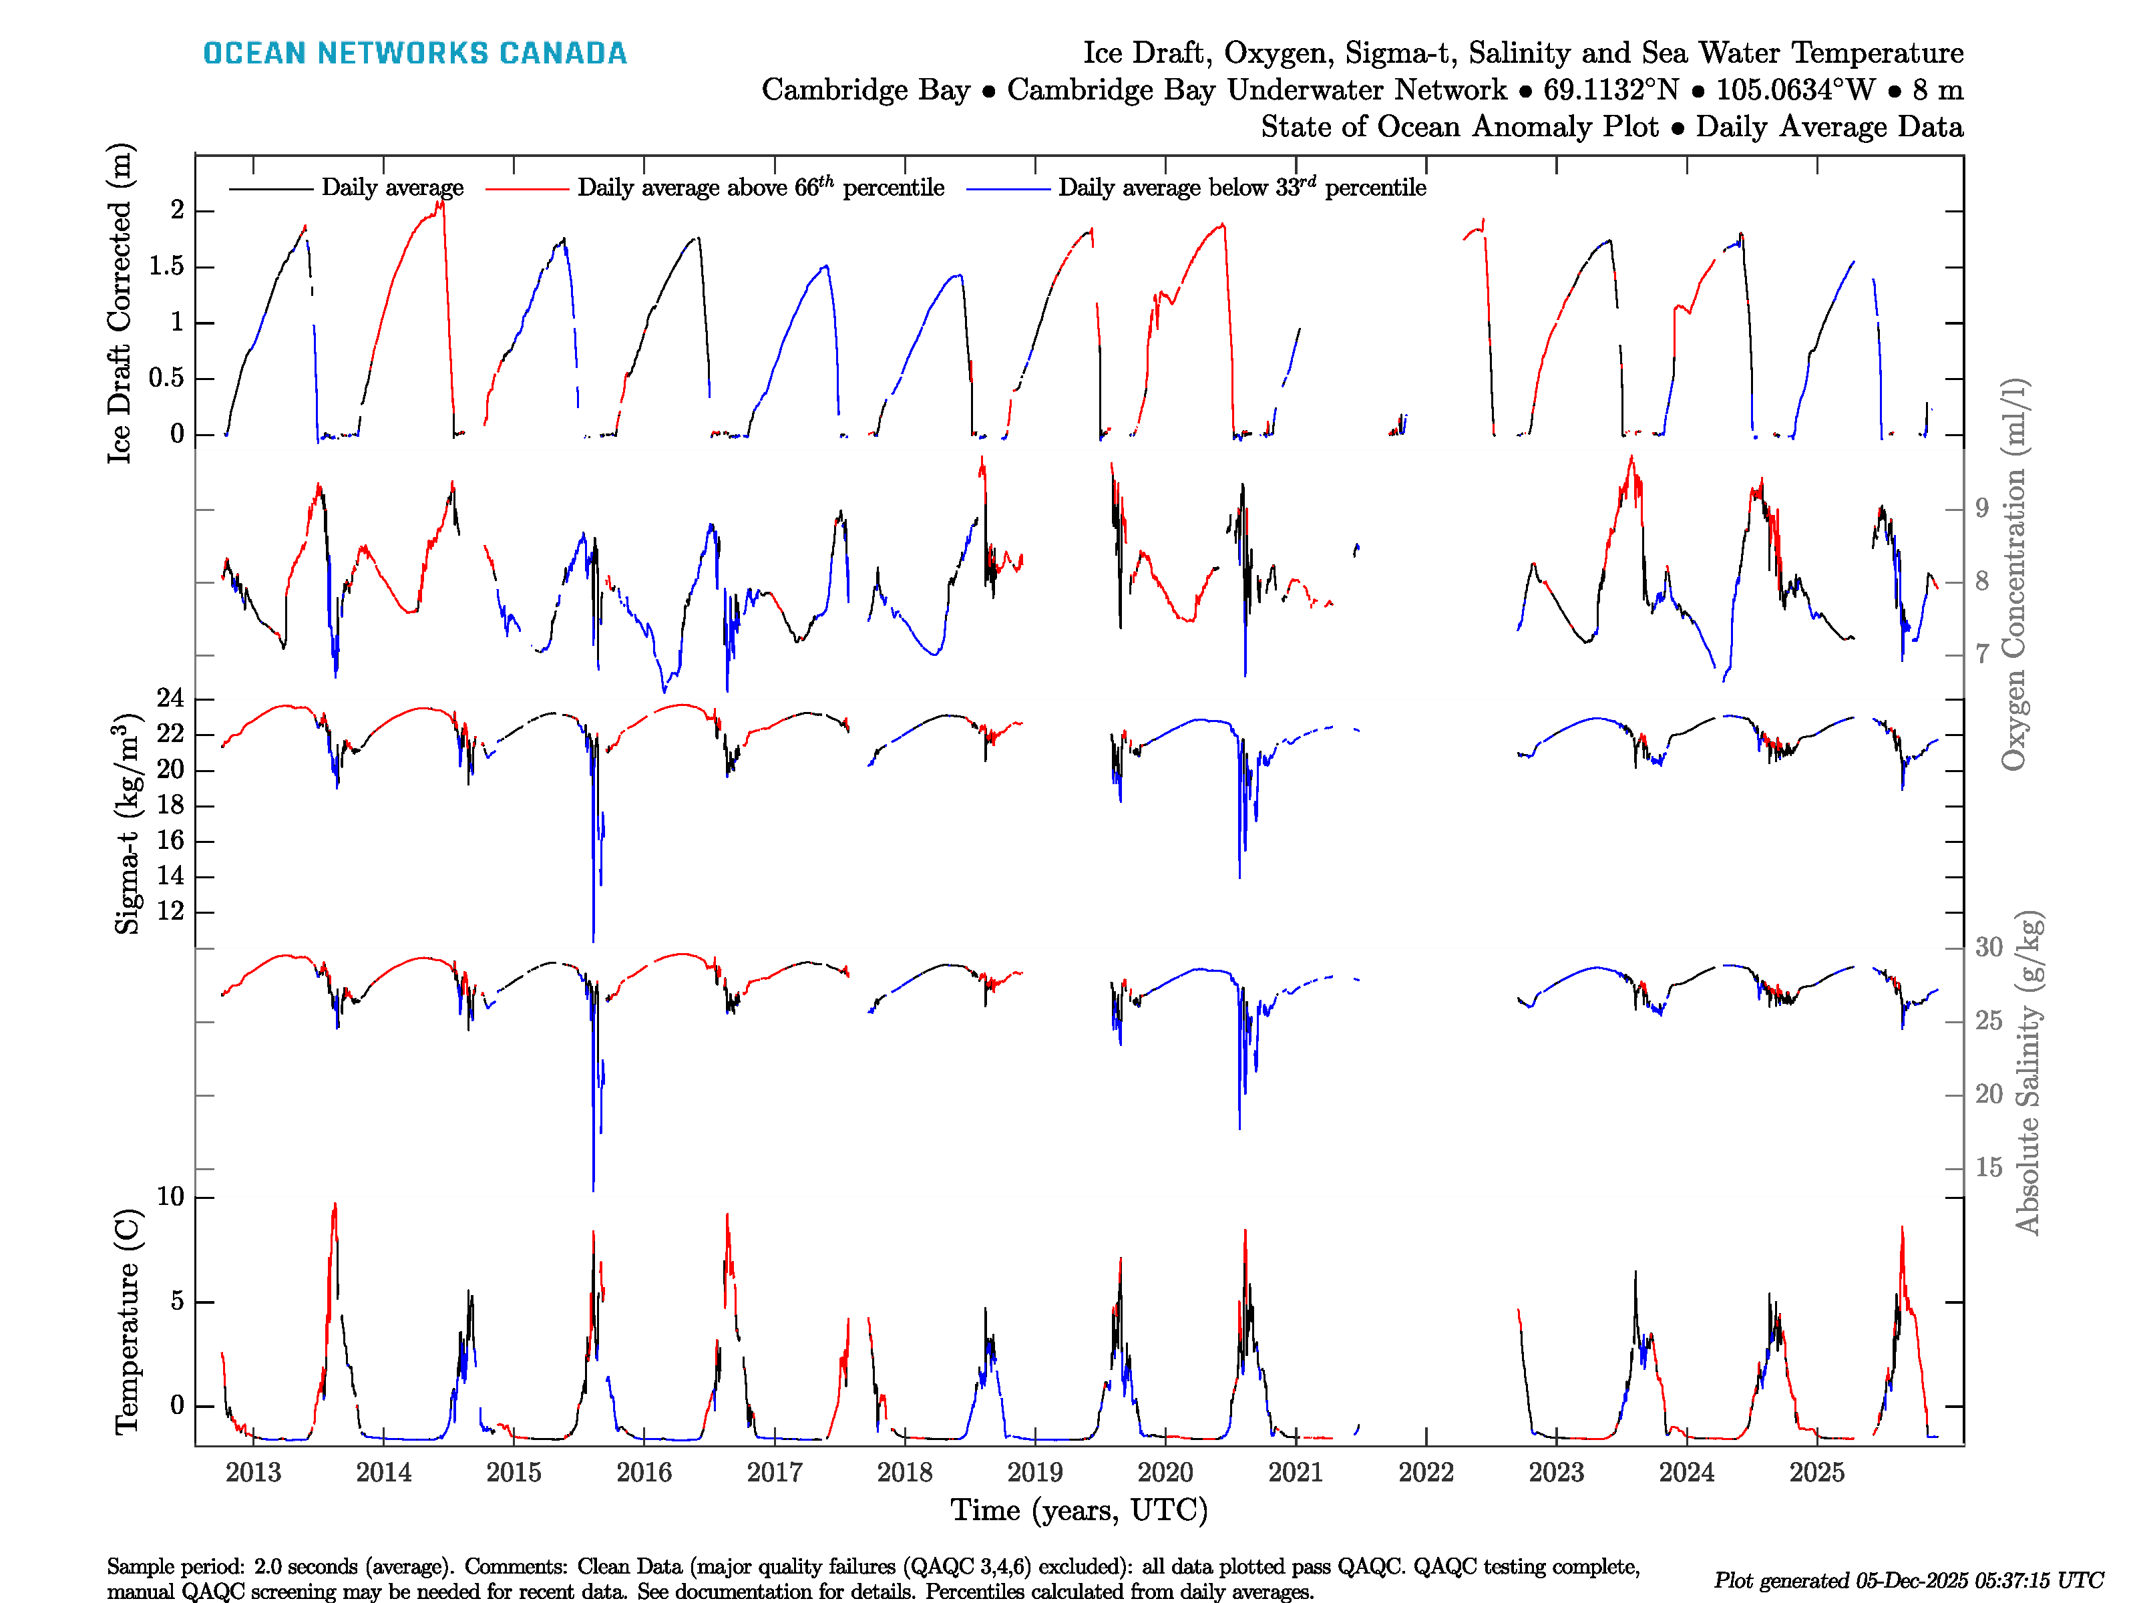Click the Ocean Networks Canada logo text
pyautogui.click(x=415, y=53)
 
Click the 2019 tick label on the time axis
pyautogui.click(x=1034, y=1473)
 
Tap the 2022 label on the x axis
pyautogui.click(x=1426, y=1473)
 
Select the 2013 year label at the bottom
pyautogui.click(x=253, y=1473)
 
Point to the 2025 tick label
pyautogui.click(x=1817, y=1473)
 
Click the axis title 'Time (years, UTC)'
pyautogui.click(x=1079, y=1510)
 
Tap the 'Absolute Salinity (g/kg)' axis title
pyautogui.click(x=2028, y=1073)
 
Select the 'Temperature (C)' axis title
pyautogui.click(x=127, y=1322)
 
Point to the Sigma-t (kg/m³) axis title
pyautogui.click(x=127, y=824)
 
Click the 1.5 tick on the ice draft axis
pyautogui.click(x=166, y=266)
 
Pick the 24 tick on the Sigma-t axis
pyautogui.click(x=170, y=699)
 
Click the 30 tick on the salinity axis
pyautogui.click(x=1988, y=948)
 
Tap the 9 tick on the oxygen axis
pyautogui.click(x=1981, y=508)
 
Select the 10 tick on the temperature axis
pyautogui.click(x=170, y=1197)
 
